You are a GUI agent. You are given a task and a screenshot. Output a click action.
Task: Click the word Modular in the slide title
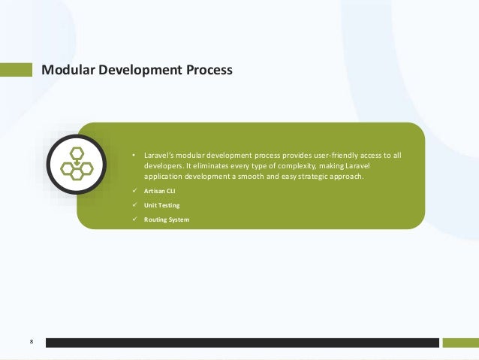coord(68,71)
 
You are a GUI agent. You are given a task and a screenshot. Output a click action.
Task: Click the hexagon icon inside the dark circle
coord(76,162)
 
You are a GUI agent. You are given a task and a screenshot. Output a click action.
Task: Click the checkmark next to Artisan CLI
coord(134,192)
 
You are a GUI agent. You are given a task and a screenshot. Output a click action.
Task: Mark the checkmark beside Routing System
coord(134,219)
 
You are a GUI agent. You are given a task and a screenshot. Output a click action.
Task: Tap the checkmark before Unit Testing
coord(134,205)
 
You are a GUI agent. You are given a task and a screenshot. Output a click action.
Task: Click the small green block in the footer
coord(460,343)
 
